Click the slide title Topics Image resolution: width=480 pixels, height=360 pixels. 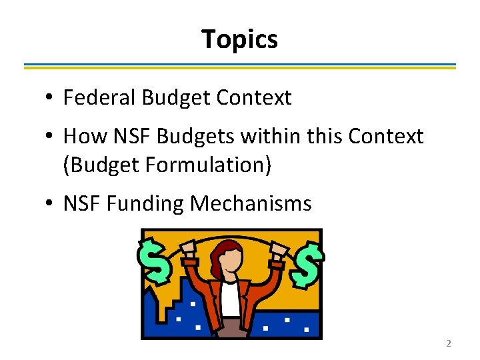pos(239,39)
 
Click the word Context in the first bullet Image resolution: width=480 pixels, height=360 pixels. pos(255,98)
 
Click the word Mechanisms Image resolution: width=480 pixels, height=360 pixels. pos(251,203)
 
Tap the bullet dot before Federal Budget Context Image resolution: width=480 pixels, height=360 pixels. pos(50,99)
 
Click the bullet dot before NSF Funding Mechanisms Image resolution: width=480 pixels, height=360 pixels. pos(50,203)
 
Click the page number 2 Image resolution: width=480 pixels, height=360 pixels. pos(448,343)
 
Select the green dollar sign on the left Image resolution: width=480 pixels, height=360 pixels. pos(154,261)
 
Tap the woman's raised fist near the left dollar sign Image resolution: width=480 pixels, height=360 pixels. pos(187,253)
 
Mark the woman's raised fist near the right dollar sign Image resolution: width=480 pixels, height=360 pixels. pos(276,253)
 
